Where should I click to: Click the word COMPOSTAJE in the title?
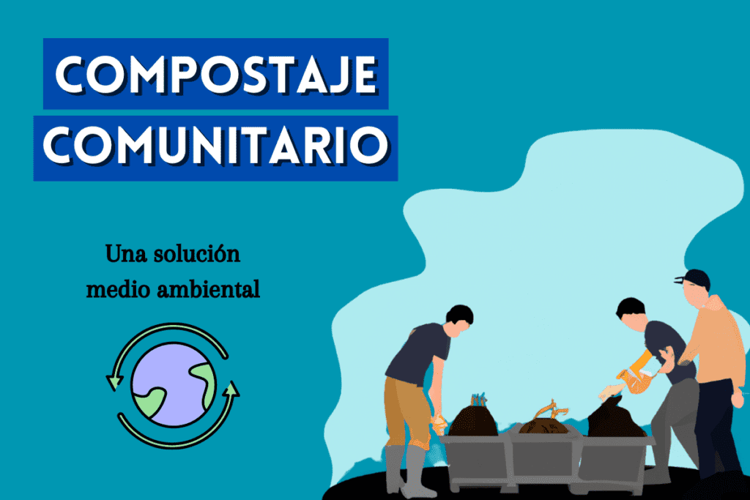[x=215, y=73]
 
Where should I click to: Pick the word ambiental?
[x=212, y=289]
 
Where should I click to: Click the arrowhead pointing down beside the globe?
[x=114, y=381]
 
